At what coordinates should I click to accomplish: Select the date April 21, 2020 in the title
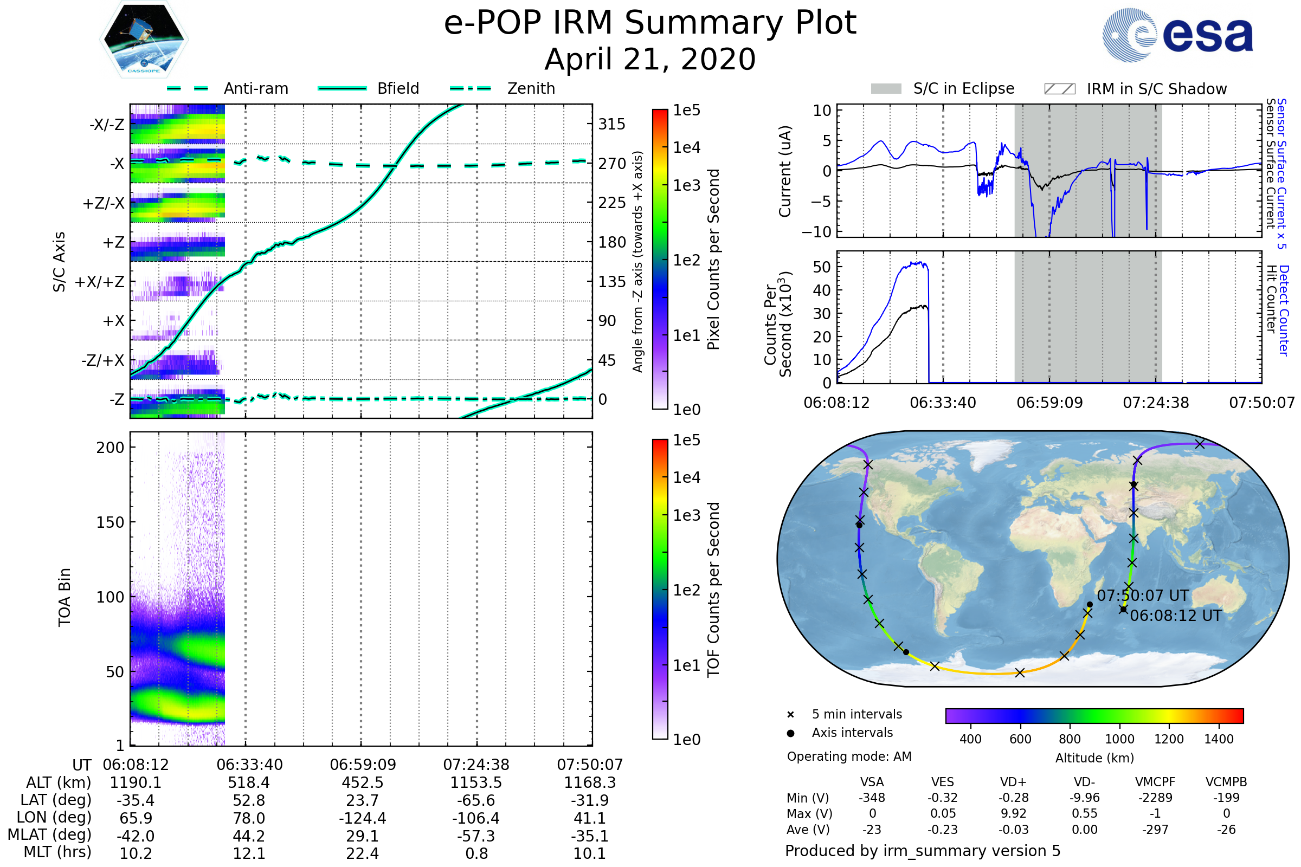click(x=650, y=60)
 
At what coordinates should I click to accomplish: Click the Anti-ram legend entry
click(x=255, y=88)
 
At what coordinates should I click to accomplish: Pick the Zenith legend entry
click(x=531, y=88)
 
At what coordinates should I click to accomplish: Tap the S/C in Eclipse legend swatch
click(x=886, y=89)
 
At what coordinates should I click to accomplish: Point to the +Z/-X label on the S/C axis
click(x=104, y=204)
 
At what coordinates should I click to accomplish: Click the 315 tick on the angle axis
click(x=611, y=125)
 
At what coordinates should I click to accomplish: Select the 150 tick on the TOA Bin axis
click(x=110, y=522)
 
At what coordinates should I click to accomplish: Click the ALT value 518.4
click(x=249, y=782)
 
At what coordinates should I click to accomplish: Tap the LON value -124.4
click(x=362, y=818)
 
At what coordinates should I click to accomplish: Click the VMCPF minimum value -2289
click(x=1155, y=798)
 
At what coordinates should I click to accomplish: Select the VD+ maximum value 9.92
click(x=1013, y=813)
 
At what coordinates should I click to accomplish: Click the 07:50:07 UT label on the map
click(x=1142, y=596)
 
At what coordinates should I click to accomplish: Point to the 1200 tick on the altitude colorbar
click(x=1169, y=739)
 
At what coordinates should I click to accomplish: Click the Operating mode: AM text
click(x=849, y=756)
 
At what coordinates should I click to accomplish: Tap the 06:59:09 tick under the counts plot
click(x=1049, y=403)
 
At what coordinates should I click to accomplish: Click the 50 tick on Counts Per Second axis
click(x=822, y=267)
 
